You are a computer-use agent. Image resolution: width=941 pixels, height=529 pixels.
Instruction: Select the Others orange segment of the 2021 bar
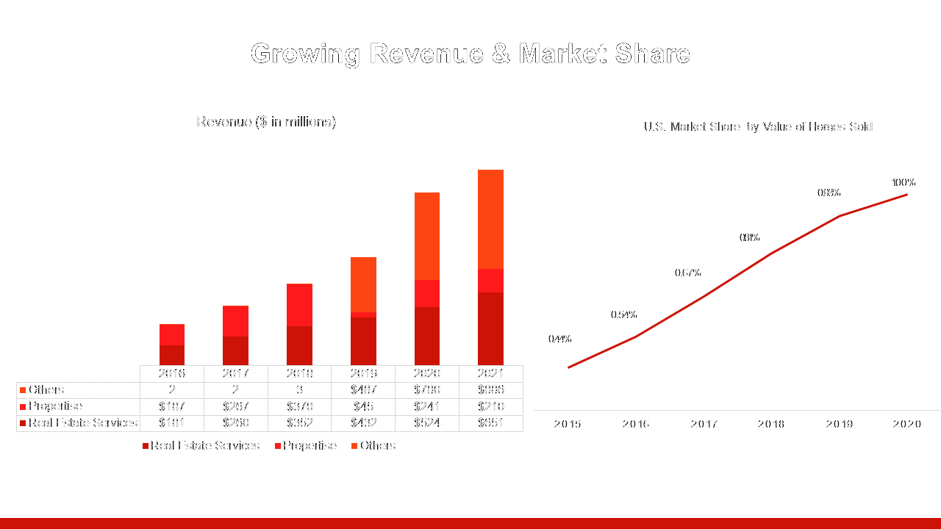coord(490,219)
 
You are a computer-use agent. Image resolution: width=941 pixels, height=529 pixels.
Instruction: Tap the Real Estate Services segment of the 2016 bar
coord(172,355)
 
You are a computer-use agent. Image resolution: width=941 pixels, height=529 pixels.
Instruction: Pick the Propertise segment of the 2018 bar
coord(299,305)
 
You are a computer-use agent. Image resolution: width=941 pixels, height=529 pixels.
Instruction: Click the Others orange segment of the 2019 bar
coord(363,284)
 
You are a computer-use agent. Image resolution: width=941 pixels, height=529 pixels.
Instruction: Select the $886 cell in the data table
coord(490,390)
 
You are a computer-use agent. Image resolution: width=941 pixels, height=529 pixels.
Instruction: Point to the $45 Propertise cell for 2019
coord(363,406)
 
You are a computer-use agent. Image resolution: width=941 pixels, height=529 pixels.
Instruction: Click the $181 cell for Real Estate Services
coord(172,423)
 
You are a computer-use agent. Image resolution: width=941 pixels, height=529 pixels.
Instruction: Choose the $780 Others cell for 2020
coord(426,390)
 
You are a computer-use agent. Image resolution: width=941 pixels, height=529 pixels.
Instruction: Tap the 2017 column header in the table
coord(235,373)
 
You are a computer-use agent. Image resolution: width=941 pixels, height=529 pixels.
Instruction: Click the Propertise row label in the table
coord(55,406)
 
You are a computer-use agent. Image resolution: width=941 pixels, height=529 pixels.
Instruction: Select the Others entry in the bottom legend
coord(377,446)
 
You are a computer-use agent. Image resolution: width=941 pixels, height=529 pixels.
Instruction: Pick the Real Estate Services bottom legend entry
coord(204,446)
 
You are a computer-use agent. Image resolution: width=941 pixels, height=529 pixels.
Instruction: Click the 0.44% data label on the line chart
coord(559,339)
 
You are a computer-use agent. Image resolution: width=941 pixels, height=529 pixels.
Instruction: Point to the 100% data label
coord(904,183)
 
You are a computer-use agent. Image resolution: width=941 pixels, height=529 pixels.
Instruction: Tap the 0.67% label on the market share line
coord(687,273)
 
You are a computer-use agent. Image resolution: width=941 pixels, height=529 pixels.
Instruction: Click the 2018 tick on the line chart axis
coord(771,425)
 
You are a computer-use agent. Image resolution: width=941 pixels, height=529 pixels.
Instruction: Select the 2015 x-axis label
coord(568,425)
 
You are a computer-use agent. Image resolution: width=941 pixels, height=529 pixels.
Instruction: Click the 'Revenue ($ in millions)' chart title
coord(266,122)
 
